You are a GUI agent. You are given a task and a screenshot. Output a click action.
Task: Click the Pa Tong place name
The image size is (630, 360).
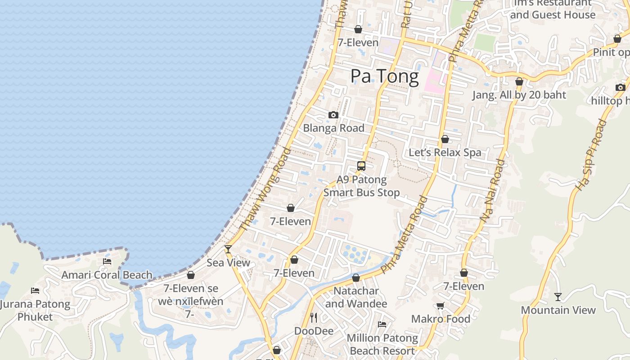click(x=384, y=76)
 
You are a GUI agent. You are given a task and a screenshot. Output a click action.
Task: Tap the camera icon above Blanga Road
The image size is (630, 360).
click(x=333, y=115)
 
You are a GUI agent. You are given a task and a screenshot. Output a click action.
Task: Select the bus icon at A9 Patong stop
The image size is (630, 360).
click(x=361, y=166)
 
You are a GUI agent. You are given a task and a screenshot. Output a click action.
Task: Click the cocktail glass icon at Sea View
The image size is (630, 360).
click(x=228, y=249)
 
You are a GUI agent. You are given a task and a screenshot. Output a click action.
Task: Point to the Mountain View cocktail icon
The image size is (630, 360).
click(x=558, y=297)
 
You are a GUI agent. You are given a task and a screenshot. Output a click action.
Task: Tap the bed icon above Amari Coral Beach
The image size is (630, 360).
click(x=107, y=261)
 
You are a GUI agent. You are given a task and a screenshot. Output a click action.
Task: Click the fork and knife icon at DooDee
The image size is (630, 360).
click(x=314, y=318)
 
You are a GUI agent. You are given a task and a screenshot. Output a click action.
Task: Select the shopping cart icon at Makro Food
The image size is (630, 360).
click(x=441, y=306)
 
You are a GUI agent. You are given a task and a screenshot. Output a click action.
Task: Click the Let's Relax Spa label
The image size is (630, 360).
click(x=445, y=153)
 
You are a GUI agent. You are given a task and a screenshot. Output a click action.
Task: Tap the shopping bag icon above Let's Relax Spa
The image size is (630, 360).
click(x=445, y=139)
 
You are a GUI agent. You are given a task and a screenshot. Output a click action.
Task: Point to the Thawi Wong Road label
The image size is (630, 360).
click(x=266, y=189)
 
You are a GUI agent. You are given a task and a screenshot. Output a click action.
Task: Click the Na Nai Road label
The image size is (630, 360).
click(x=492, y=190)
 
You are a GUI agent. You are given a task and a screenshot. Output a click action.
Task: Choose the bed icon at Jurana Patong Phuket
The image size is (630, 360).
click(x=35, y=291)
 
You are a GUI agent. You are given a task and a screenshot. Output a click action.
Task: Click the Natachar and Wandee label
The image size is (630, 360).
click(x=355, y=297)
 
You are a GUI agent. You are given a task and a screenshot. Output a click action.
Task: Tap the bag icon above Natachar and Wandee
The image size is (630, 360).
click(x=356, y=278)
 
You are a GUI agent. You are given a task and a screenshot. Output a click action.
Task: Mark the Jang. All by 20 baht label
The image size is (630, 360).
click(x=519, y=95)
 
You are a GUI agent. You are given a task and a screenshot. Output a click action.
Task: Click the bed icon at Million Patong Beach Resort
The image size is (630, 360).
click(x=382, y=324)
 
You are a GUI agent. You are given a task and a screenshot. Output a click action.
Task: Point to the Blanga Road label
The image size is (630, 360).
click(x=333, y=128)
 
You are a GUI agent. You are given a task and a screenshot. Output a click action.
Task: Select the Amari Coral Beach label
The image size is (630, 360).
click(x=107, y=275)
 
